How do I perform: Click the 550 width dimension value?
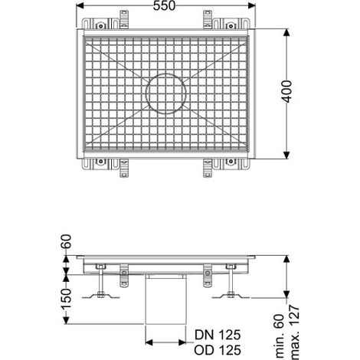click(x=164, y=6)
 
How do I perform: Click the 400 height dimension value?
click(x=287, y=91)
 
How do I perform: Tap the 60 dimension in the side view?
click(x=67, y=241)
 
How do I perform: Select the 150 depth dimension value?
click(x=67, y=299)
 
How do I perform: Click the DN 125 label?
click(x=218, y=335)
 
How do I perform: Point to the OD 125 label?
click(x=218, y=350)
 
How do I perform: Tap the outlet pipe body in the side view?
click(x=165, y=301)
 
